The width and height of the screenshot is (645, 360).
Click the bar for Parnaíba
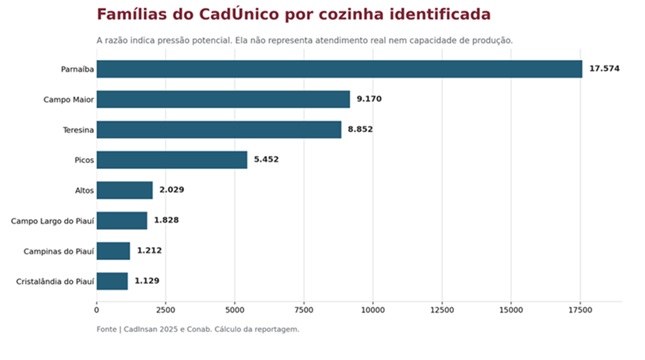tap(339, 69)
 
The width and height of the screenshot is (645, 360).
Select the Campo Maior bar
tap(223, 99)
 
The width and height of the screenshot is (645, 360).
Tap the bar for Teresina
tap(219, 130)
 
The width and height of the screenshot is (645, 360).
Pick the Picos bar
tap(172, 160)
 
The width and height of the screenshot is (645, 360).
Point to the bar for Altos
tap(125, 190)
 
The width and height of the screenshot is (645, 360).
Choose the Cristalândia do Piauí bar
tap(112, 281)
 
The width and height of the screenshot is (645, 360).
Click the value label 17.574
tap(604, 68)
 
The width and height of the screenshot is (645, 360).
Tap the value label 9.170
tap(369, 99)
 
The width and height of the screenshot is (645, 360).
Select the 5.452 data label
tap(266, 159)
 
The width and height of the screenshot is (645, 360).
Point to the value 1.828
tap(166, 220)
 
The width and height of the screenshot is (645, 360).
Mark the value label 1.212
tap(149, 250)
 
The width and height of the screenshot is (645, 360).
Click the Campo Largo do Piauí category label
tap(52, 221)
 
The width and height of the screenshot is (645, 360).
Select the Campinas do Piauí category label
tap(58, 251)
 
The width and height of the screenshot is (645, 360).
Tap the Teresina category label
tap(78, 130)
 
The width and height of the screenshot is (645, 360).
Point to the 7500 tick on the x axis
tap(304, 310)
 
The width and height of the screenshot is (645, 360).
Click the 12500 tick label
tap(442, 310)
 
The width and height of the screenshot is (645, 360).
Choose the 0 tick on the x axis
tap(97, 310)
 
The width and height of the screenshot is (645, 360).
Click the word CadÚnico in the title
tap(239, 14)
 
